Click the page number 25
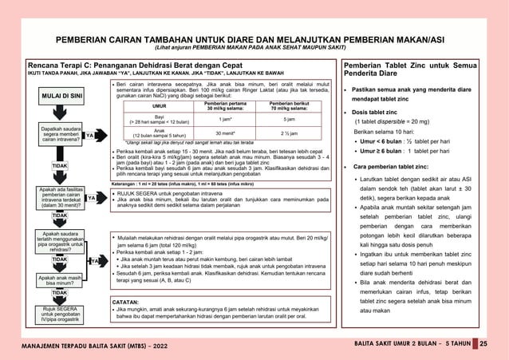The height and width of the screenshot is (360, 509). (483, 343)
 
